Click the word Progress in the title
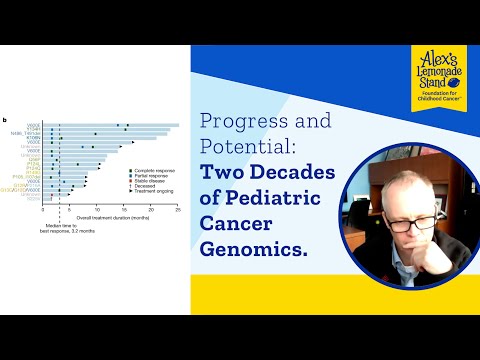point(238,122)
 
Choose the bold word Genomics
point(252,249)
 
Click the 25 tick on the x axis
point(177,211)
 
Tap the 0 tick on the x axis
point(43,211)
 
